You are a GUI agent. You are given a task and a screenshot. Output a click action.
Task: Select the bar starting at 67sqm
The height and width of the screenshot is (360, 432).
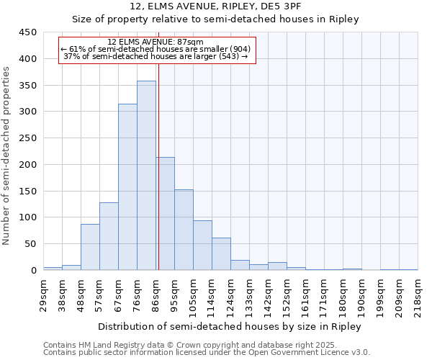(127, 187)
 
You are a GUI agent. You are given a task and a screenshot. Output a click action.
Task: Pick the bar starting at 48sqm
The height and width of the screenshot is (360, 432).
(90, 247)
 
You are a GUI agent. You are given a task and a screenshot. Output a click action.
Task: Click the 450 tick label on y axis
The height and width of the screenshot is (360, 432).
(28, 32)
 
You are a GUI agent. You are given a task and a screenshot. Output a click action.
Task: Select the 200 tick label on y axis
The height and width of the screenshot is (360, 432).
(28, 165)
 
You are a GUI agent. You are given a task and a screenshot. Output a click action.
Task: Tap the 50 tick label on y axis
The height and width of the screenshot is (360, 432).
(31, 244)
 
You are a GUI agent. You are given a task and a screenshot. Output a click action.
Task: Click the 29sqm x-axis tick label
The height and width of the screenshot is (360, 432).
(43, 291)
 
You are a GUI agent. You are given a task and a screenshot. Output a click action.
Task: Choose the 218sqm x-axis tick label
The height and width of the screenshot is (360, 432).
(418, 293)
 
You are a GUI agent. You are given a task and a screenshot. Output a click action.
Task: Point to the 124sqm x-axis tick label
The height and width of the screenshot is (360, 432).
(230, 293)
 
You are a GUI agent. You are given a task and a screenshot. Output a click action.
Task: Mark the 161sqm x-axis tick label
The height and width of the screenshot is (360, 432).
(305, 293)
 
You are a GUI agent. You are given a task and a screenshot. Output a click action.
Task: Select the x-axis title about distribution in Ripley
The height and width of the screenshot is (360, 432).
(230, 327)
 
